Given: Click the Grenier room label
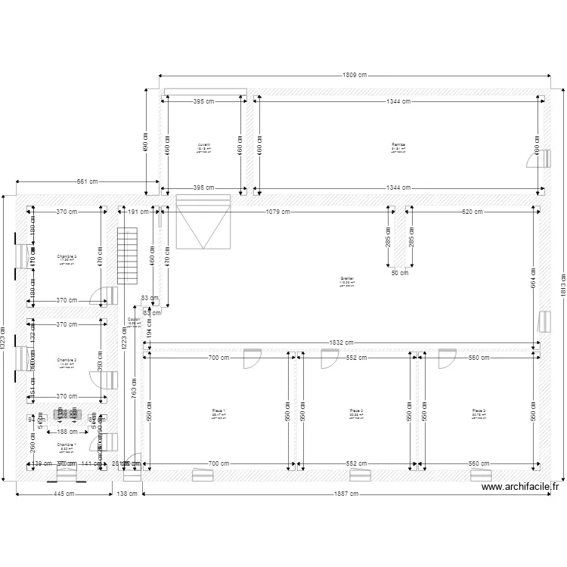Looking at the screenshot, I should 348,279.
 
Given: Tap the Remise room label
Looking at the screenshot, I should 398,144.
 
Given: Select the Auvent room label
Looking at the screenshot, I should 204,144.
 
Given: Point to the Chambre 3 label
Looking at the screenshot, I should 67,257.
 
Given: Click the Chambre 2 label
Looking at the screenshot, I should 67,361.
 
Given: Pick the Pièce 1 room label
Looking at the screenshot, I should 219,411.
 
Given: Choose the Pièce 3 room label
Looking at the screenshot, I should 479,411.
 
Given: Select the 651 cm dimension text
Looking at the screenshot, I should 87,181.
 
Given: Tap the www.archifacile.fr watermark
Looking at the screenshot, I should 520,488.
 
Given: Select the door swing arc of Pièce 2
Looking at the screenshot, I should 329,360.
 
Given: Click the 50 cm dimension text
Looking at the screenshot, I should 400,273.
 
